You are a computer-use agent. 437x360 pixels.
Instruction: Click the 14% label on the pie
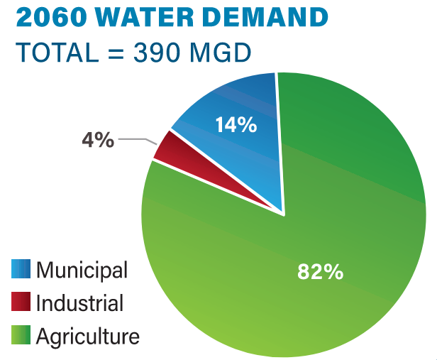click(x=236, y=125)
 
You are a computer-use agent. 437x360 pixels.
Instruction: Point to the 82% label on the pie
click(x=321, y=271)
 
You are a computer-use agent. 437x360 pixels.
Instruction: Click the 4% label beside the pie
click(x=97, y=140)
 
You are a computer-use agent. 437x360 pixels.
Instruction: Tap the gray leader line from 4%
click(x=135, y=139)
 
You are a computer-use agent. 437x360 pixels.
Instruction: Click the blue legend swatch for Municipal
click(x=21, y=269)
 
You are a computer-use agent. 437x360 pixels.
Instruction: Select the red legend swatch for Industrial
click(x=21, y=302)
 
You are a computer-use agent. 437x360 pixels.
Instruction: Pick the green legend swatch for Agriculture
click(x=21, y=336)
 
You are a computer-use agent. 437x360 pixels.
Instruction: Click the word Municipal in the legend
click(x=82, y=270)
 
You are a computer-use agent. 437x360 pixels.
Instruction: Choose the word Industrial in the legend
click(x=79, y=303)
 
